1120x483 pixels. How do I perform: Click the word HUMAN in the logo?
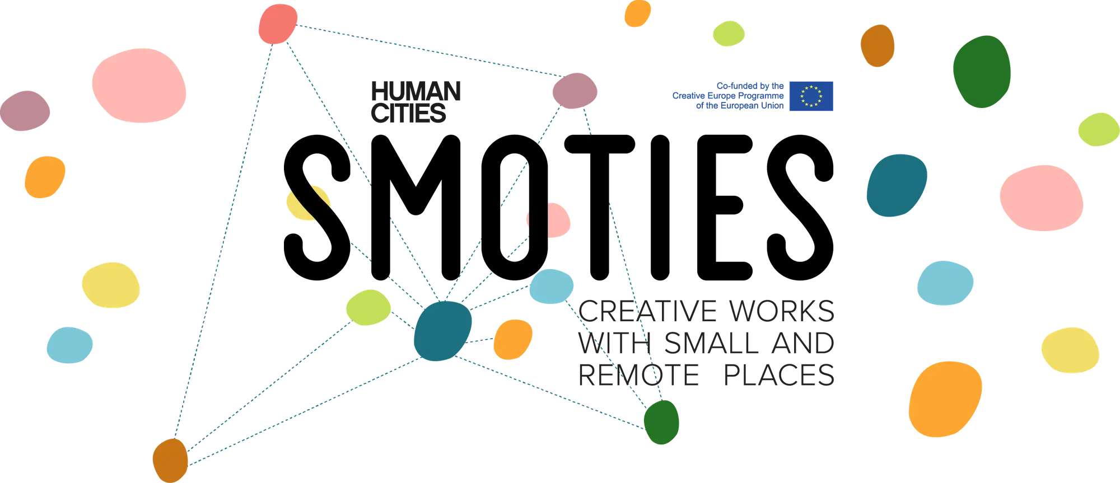pos(415,92)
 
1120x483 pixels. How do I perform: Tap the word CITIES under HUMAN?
pos(408,114)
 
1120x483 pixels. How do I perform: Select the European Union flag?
pos(811,96)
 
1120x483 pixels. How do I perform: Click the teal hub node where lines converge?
pos(442,331)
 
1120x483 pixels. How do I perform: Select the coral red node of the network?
pos(277,24)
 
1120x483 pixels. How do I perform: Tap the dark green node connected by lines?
pos(661,422)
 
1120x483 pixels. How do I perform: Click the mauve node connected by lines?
pos(575,91)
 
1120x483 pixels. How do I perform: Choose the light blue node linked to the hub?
pos(552,286)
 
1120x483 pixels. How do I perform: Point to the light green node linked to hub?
pos(368,307)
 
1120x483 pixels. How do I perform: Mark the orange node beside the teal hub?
pos(513,339)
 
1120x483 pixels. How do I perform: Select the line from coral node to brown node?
pos(224,241)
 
